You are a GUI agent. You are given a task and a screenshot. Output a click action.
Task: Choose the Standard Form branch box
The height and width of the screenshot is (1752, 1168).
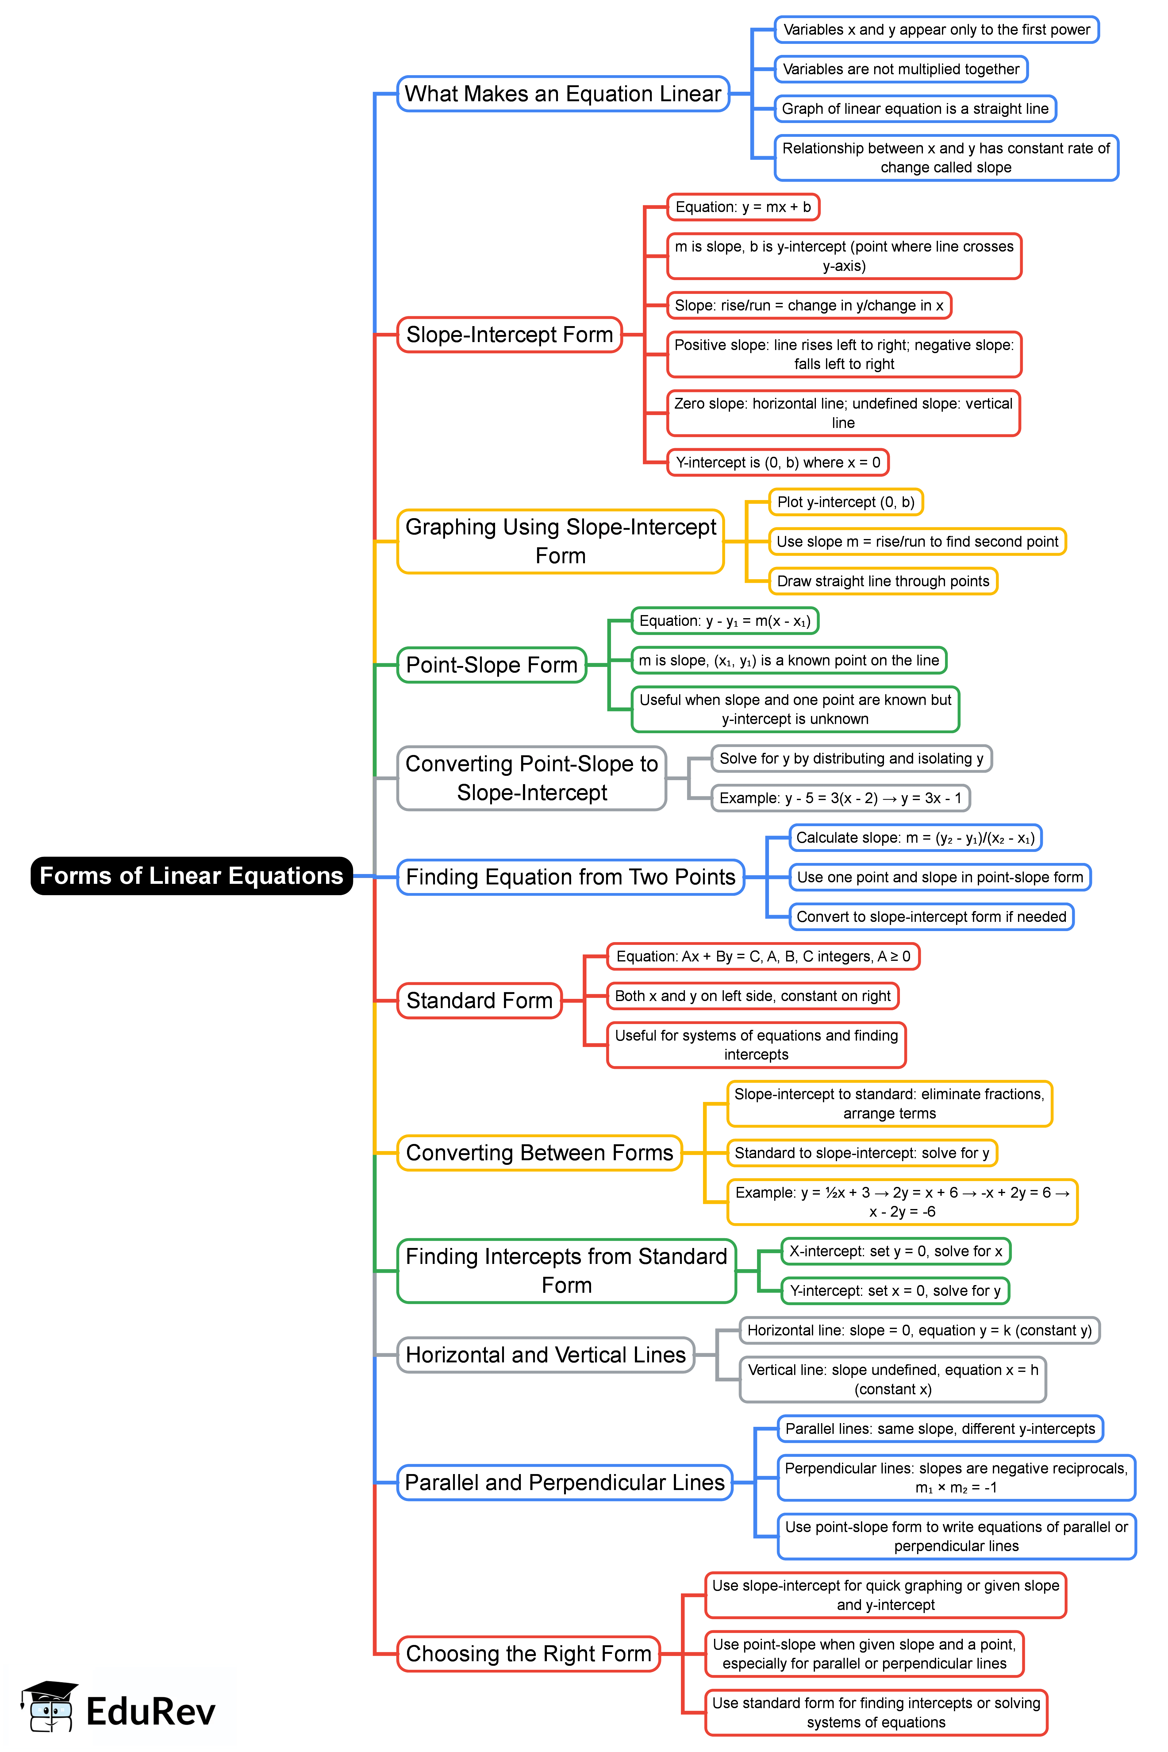point(479,1000)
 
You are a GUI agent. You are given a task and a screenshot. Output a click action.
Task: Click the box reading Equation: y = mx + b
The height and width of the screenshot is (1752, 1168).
point(743,207)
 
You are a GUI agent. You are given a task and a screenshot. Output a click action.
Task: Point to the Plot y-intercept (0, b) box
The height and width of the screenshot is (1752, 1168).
point(845,502)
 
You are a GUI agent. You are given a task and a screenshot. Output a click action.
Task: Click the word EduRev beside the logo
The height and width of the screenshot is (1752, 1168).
point(151,1711)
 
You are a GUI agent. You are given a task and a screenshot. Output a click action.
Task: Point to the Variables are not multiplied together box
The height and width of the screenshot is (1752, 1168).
point(901,69)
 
